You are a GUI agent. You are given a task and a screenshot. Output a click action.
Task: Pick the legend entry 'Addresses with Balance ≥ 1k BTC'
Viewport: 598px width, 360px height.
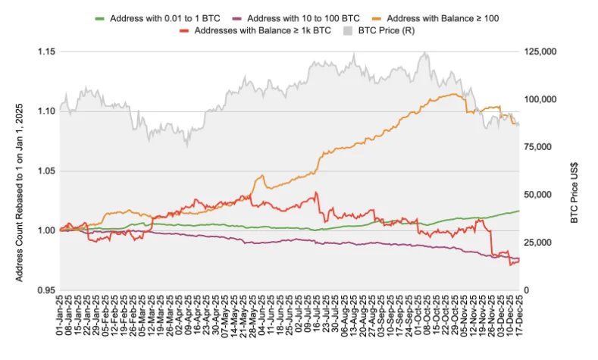tap(256, 30)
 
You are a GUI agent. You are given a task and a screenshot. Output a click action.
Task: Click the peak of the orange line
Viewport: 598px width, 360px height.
tap(453, 94)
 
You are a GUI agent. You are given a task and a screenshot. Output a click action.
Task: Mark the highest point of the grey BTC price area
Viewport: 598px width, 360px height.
tap(425, 52)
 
